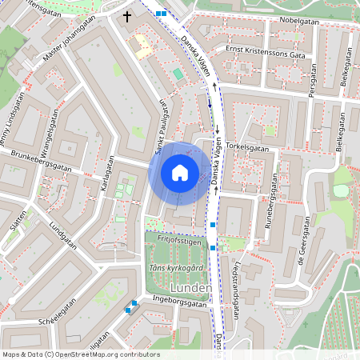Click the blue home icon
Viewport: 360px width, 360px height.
click(180, 173)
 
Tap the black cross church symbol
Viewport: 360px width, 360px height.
click(126, 16)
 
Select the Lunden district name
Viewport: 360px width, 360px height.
click(191, 287)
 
